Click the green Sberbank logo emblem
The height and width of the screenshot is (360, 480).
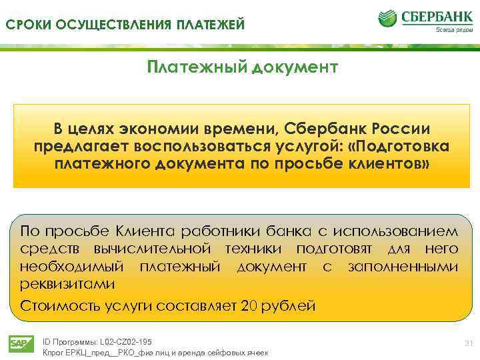(388, 18)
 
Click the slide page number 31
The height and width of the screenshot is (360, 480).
(467, 343)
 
